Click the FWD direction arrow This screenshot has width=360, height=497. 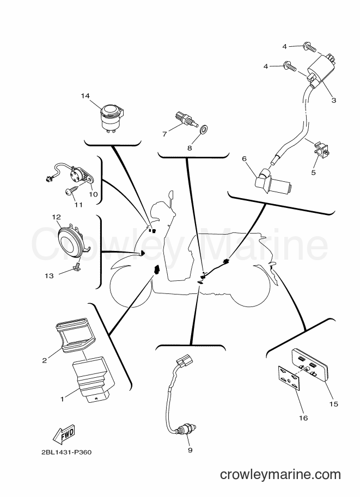click(64, 434)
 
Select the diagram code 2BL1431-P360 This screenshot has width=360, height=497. click(66, 452)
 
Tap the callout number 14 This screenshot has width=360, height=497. click(85, 96)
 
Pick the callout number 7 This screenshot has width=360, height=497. click(164, 134)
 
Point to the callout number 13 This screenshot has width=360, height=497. click(49, 276)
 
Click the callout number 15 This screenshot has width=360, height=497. click(334, 404)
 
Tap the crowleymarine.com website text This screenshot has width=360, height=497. click(280, 475)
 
